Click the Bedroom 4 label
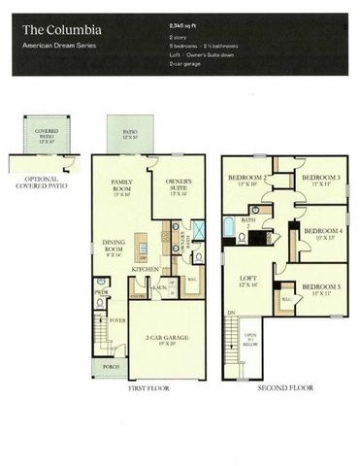click(x=319, y=234)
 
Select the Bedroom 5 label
click(x=319, y=290)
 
